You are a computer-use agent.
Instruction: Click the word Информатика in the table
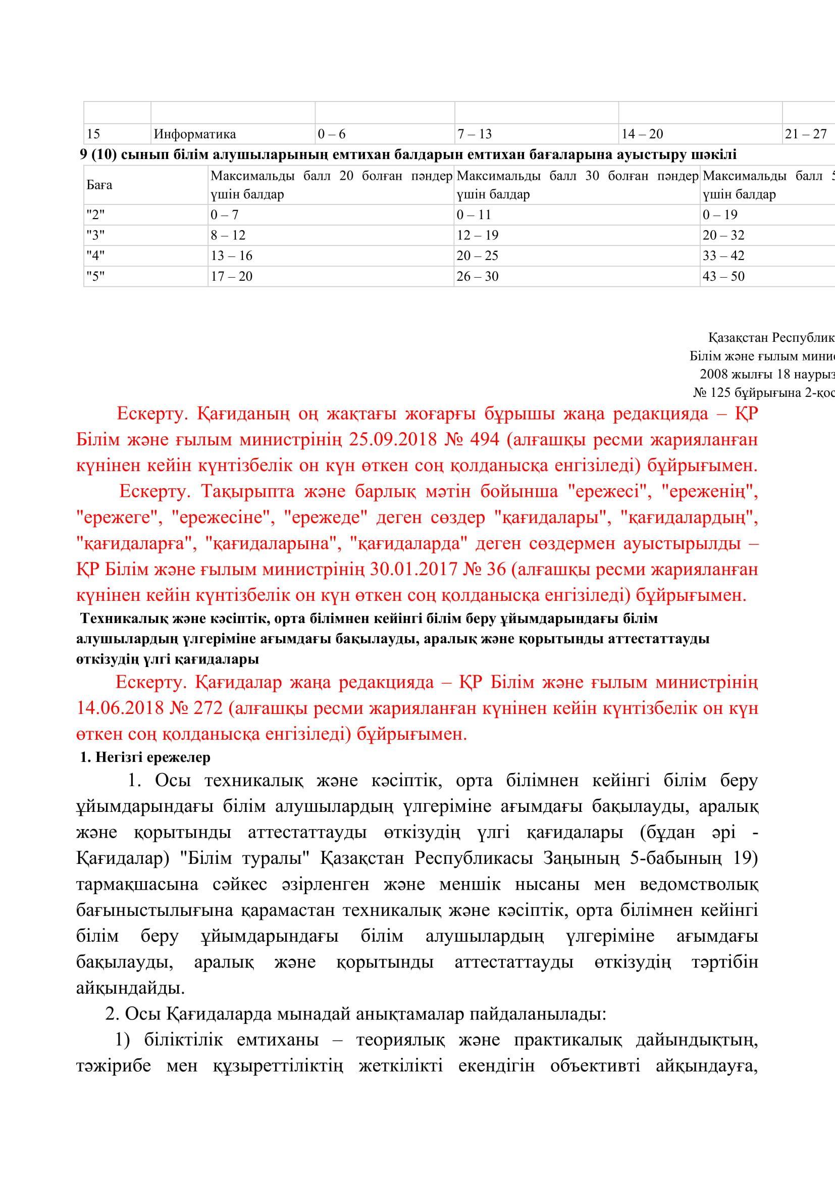click(x=194, y=134)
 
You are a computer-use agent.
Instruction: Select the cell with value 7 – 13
click(x=474, y=134)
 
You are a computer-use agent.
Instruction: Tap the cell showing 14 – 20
click(x=642, y=134)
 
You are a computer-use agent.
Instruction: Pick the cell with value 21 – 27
click(x=805, y=134)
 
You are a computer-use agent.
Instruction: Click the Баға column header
click(x=99, y=185)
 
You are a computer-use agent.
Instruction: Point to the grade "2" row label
click(x=95, y=215)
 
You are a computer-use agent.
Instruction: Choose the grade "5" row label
click(x=95, y=276)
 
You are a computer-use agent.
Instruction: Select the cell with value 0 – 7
click(x=224, y=215)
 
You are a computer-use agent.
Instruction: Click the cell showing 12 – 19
click(x=477, y=236)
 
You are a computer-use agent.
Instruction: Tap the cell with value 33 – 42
click(x=723, y=256)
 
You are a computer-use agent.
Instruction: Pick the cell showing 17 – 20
click(x=231, y=276)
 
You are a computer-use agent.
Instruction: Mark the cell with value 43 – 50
click(x=723, y=276)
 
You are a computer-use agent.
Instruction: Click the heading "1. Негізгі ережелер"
click(x=145, y=758)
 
